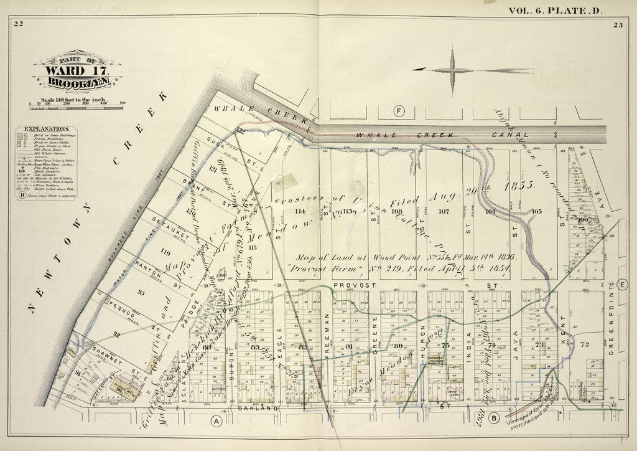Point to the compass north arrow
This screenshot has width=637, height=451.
pos(452,70)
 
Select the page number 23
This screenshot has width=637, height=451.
pos(616,24)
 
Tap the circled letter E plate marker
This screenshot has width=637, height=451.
pos(623,286)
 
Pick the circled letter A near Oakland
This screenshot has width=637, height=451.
pos(216,421)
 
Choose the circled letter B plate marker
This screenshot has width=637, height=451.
pos(495,418)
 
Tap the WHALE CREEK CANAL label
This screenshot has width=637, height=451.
pos(442,134)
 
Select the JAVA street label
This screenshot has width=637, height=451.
pos(516,341)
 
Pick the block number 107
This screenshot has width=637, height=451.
pos(444,211)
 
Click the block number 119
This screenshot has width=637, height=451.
pos(165,252)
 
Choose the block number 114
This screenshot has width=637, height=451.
pos(301,211)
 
